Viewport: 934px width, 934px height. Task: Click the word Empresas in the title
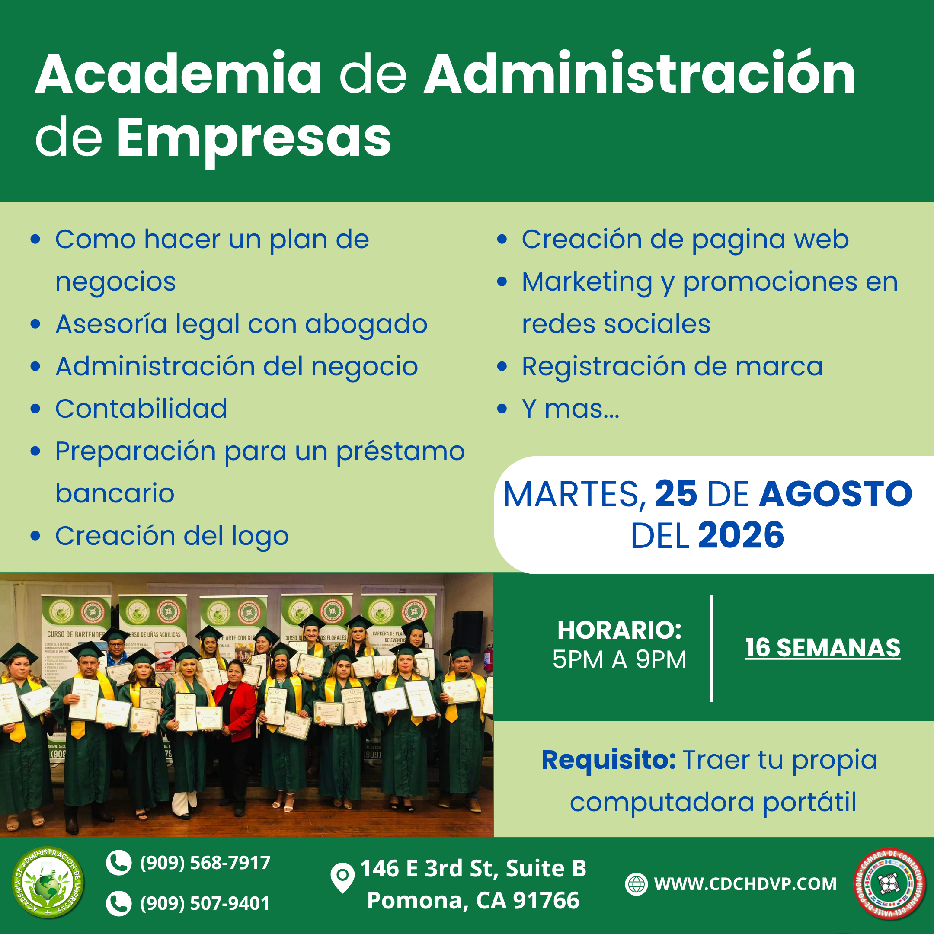pos(254,139)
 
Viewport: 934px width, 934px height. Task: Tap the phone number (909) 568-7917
pos(205,863)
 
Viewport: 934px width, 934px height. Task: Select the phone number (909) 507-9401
pos(205,903)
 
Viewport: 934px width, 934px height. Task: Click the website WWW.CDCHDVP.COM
pos(745,884)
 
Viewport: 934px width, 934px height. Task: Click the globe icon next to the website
pos(636,884)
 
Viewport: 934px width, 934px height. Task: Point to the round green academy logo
pos(48,882)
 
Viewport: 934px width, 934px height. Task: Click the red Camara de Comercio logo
pos(889,884)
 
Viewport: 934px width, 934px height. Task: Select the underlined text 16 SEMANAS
pos(823,648)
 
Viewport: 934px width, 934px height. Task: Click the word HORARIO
pos(619,630)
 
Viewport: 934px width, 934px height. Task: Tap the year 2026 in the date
pos(741,536)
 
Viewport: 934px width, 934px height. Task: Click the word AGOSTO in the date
pos(835,494)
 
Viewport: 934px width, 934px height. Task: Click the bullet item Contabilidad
pos(141,409)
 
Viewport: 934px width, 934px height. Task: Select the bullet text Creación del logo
pos(172,536)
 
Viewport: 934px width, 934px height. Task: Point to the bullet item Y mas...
pos(570,409)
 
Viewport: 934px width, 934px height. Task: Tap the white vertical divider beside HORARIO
pos(711,648)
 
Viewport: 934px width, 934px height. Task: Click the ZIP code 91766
pos(546,900)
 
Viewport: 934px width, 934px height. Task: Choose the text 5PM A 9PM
pos(619,659)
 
